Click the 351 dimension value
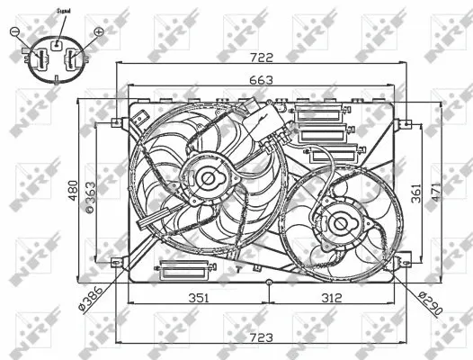tap(198, 298)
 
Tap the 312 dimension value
tap(332, 298)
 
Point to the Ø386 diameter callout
tap(92, 293)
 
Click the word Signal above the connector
tap(63, 12)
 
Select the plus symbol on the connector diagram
tap(99, 31)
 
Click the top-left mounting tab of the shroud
tap(116, 122)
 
